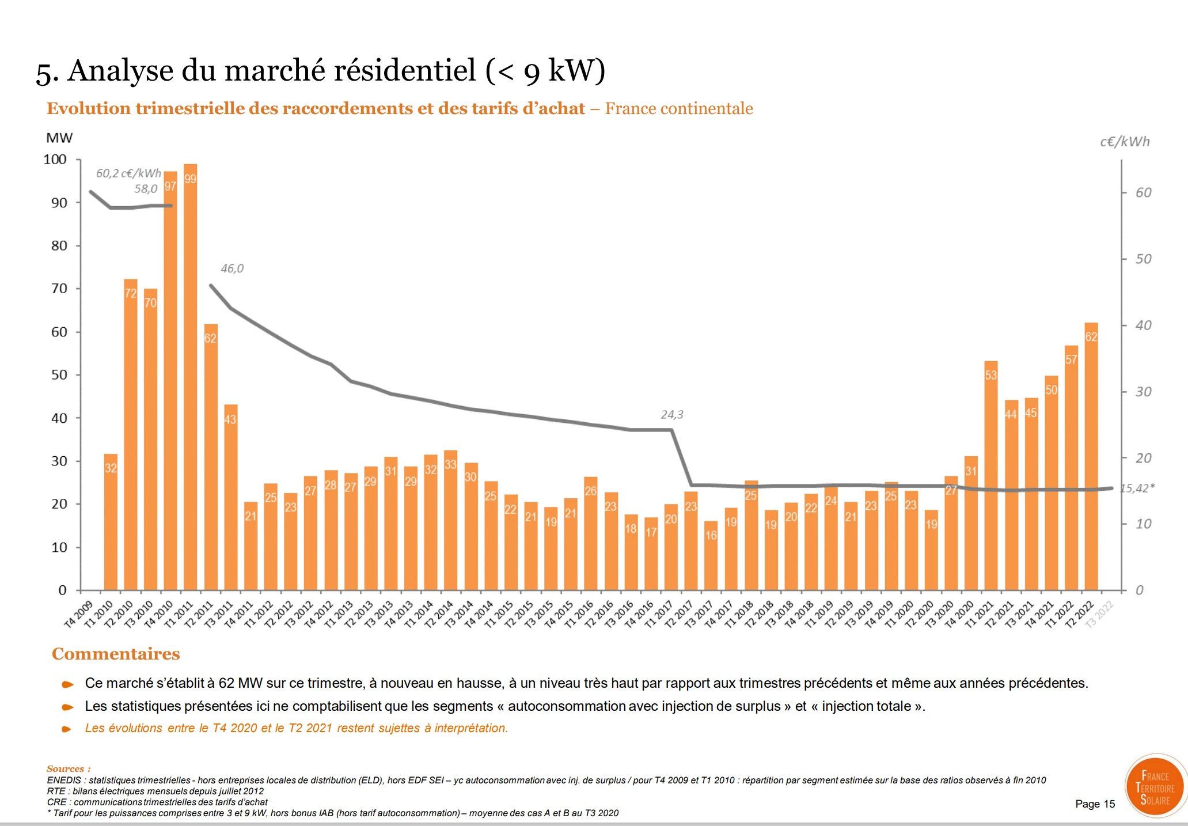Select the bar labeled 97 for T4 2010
point(170,380)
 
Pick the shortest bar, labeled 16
point(711,555)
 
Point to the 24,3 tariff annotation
point(671,415)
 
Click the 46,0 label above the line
point(232,268)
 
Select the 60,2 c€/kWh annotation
point(128,173)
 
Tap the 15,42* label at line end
point(1137,488)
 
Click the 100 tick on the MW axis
point(55,160)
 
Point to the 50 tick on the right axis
point(1143,259)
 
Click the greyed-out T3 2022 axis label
point(1099,615)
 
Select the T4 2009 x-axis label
point(78,615)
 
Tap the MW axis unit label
point(59,138)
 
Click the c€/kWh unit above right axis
point(1124,142)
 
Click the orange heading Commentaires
point(116,654)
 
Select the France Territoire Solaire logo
point(1155,787)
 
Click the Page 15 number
point(1095,804)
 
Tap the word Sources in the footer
point(66,769)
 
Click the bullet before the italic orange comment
point(67,729)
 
